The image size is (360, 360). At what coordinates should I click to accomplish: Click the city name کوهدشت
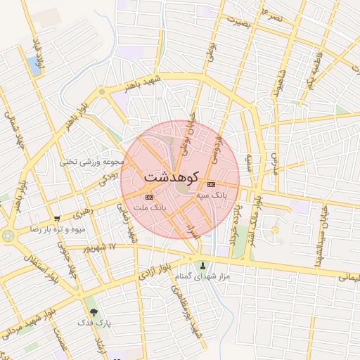pyautogui.click(x=172, y=176)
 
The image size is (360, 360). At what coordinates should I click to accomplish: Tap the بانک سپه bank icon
pyautogui.click(x=212, y=184)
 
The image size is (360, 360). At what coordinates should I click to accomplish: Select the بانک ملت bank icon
pyautogui.click(x=149, y=197)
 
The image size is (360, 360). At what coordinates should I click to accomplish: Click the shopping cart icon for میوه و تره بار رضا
pyautogui.click(x=57, y=219)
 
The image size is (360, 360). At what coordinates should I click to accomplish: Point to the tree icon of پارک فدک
pyautogui.click(x=93, y=312)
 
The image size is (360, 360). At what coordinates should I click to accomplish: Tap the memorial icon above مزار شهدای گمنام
pyautogui.click(x=204, y=266)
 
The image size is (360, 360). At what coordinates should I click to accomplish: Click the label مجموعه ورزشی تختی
pyautogui.click(x=93, y=162)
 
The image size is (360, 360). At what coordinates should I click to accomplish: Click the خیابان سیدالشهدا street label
pyautogui.click(x=324, y=229)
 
